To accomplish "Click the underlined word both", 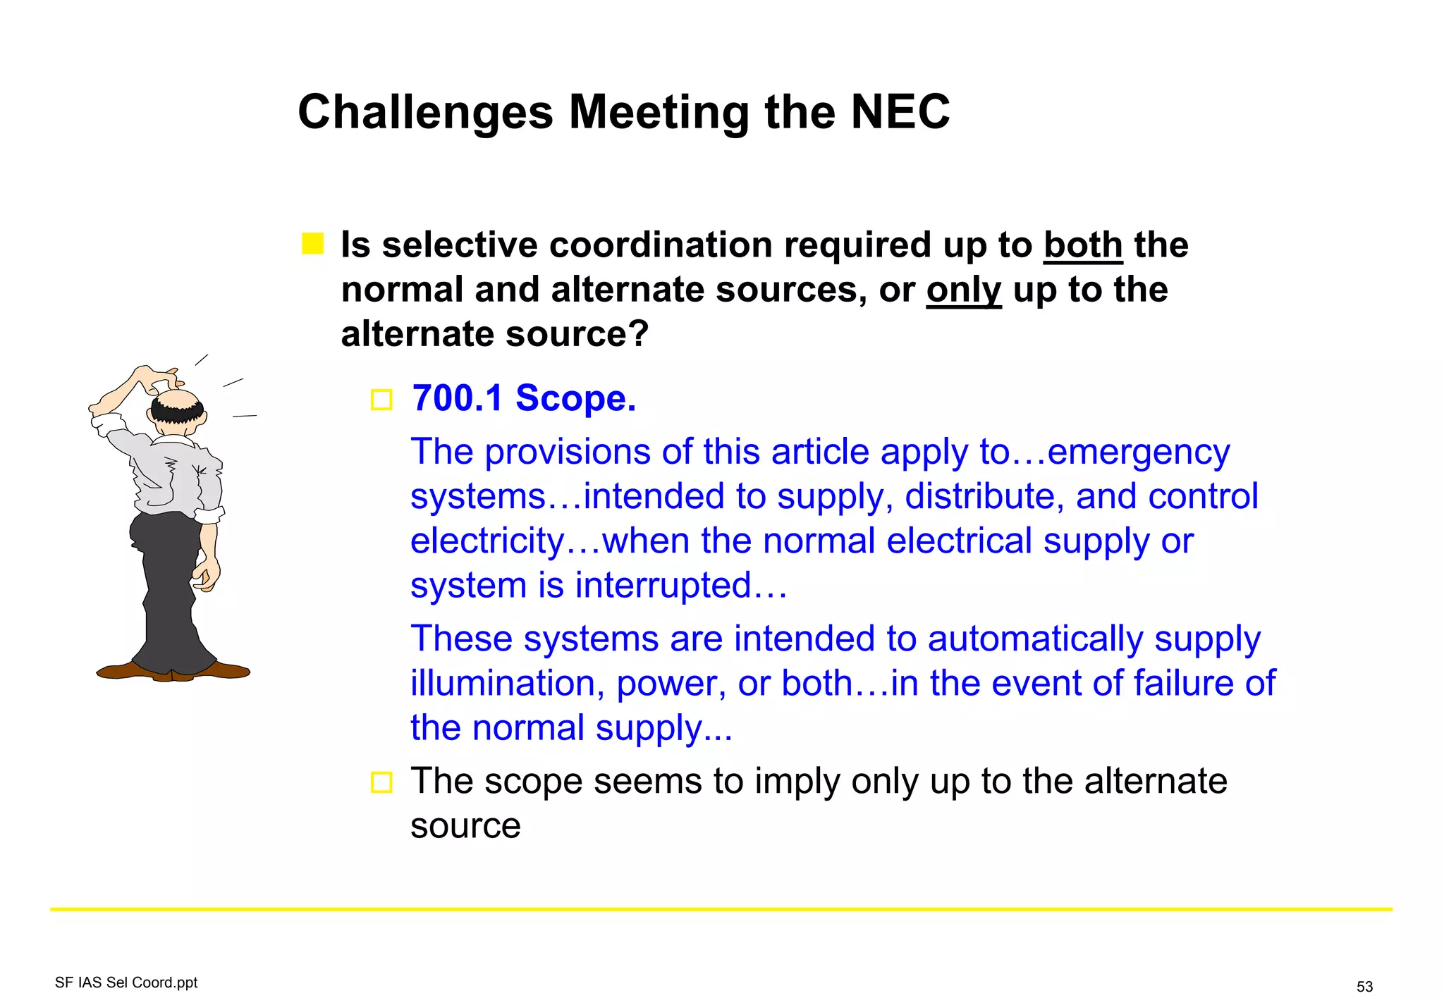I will (x=1083, y=245).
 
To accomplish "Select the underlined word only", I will (x=963, y=290).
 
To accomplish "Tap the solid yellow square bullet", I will (x=312, y=244).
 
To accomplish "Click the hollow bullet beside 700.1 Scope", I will (x=381, y=400).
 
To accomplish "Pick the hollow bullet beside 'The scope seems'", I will (x=381, y=782).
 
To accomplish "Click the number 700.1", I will (x=458, y=398).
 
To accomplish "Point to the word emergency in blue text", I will (x=1139, y=452).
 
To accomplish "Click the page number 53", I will (x=1364, y=986).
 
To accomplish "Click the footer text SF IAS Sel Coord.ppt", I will (x=126, y=982).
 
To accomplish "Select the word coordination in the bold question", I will (x=660, y=245).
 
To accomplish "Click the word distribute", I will (x=984, y=496).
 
